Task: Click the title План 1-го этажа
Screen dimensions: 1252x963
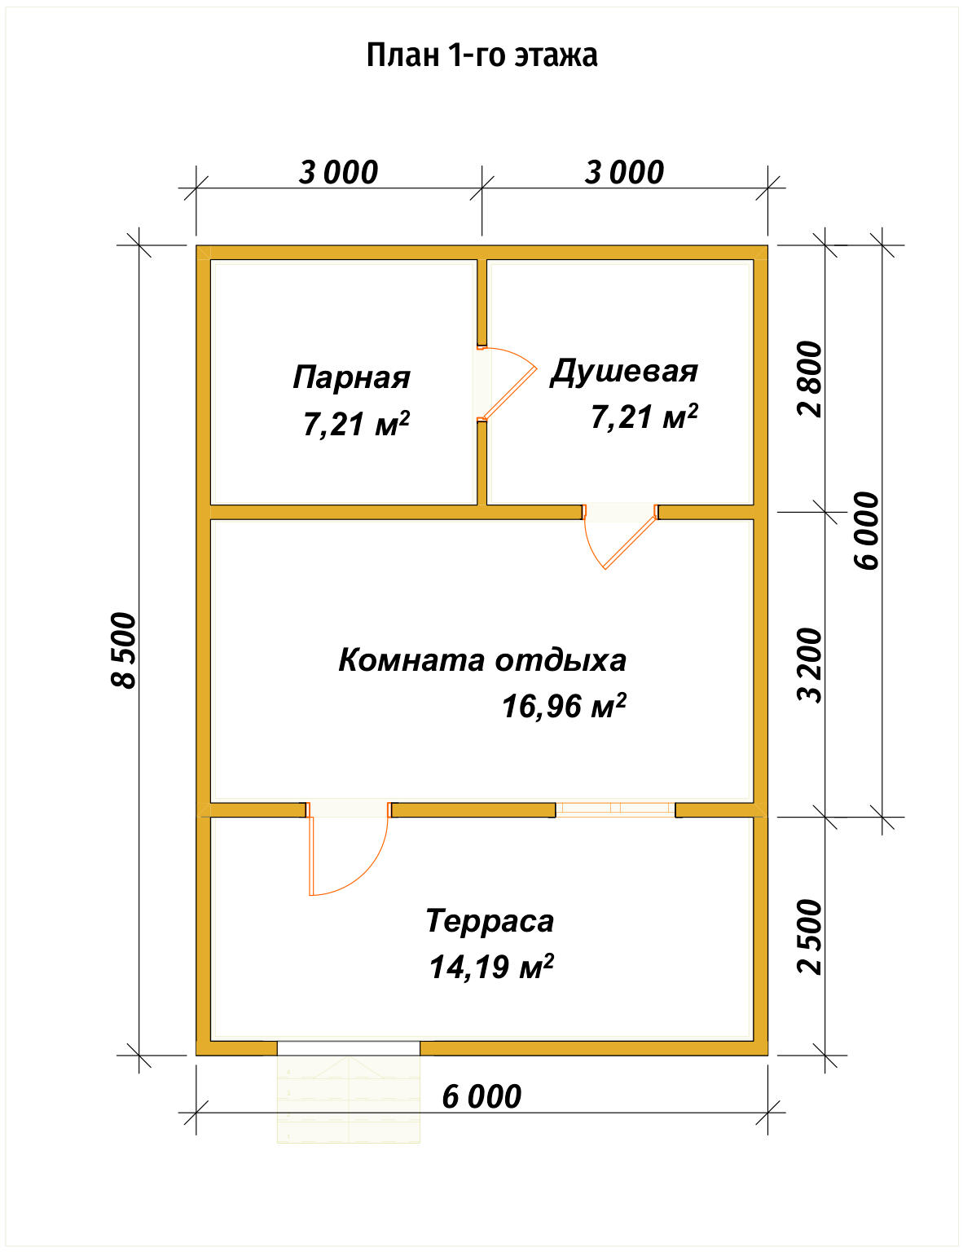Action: tap(482, 55)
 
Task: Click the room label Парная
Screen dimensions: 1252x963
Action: tap(351, 377)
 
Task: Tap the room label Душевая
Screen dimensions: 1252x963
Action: tap(624, 371)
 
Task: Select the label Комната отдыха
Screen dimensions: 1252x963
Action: tap(482, 659)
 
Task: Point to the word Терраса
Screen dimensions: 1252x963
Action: tap(490, 921)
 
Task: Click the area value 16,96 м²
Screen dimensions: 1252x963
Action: tap(563, 706)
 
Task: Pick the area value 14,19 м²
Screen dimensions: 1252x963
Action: tap(490, 967)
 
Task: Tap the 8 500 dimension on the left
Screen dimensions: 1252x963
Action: tap(125, 650)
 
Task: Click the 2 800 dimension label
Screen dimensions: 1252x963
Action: tap(811, 379)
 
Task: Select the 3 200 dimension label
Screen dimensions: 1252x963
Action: tap(811, 664)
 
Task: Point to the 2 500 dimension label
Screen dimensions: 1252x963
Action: tap(811, 937)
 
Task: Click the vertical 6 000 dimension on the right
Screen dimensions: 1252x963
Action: tap(867, 531)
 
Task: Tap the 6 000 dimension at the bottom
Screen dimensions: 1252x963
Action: tap(482, 1097)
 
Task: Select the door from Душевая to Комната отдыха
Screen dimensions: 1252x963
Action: tap(620, 536)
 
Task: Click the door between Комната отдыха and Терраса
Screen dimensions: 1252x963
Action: tap(349, 848)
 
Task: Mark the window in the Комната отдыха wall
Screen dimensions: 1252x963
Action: tap(615, 809)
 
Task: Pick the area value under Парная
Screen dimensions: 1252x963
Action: tap(356, 424)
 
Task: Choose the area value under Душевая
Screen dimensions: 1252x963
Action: tap(644, 417)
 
